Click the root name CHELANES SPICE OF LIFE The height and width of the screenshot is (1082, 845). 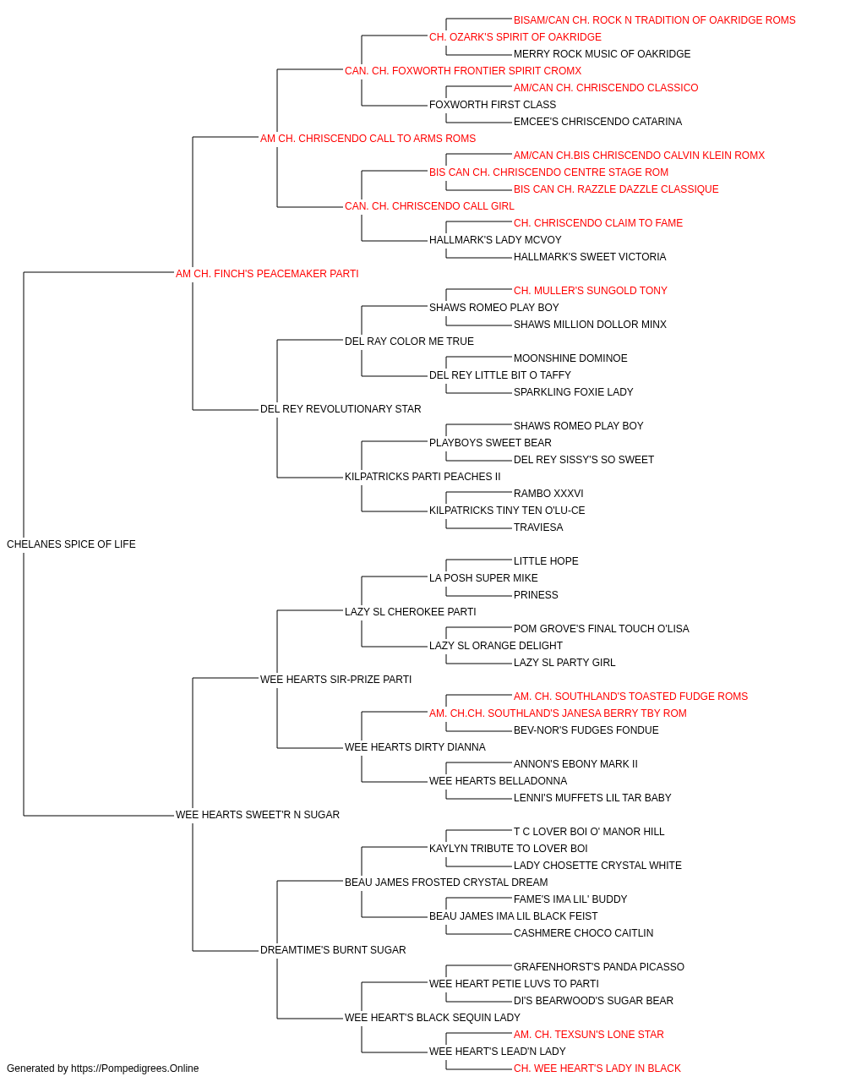coord(71,544)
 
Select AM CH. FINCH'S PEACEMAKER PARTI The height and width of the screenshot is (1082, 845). coord(267,274)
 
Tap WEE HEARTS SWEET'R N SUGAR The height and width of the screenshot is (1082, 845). coord(257,815)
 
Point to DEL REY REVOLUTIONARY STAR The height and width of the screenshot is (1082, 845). coord(341,409)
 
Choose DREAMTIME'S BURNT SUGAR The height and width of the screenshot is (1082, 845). coord(333,950)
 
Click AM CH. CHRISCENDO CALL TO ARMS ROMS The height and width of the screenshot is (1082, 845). coord(368,139)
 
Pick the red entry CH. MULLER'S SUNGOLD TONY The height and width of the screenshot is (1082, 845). coord(590,291)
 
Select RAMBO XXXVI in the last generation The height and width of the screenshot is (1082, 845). coord(548,494)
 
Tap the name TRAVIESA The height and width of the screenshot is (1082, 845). coord(538,527)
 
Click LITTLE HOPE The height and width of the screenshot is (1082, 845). coord(546,561)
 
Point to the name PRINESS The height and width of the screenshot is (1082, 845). coord(536,595)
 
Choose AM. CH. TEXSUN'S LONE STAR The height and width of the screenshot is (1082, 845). coord(589,1035)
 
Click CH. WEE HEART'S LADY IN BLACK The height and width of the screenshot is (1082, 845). coord(597,1068)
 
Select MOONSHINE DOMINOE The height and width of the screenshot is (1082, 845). coord(570,358)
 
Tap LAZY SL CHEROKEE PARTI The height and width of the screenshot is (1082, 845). coord(410,612)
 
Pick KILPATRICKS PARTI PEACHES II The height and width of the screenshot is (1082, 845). coord(422,477)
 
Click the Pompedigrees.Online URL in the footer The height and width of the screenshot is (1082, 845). coord(134,1068)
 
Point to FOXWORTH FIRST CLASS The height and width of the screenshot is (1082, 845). coord(493,105)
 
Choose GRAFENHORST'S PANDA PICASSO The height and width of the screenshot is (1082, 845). coord(598,967)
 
